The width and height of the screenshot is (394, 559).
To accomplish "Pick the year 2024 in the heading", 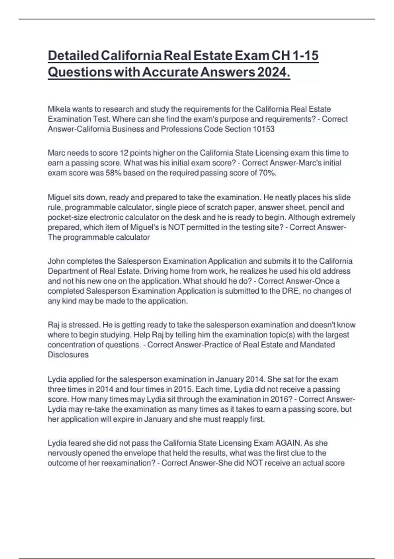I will point(273,72).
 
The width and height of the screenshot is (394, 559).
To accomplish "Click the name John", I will point(56,261).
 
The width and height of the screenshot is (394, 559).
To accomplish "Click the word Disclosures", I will point(68,355).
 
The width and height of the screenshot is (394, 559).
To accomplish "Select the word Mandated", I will point(317,345).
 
